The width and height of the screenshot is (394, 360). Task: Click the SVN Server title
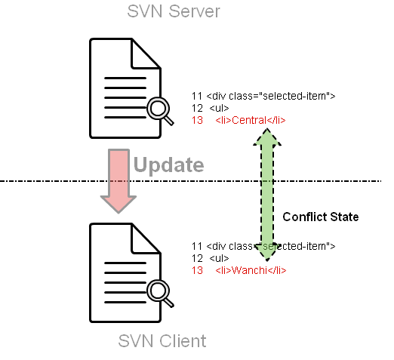[x=174, y=11]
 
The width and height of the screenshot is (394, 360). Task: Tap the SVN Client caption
[x=162, y=341]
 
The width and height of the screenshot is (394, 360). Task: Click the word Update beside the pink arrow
[x=169, y=165]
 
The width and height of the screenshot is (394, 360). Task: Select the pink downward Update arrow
[x=119, y=181]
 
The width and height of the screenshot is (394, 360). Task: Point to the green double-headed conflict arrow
[x=267, y=195]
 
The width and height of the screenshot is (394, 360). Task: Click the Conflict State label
[x=321, y=217]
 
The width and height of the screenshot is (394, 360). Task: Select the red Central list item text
[x=251, y=120]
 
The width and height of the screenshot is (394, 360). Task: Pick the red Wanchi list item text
[x=251, y=270]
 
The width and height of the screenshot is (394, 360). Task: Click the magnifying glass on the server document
[x=160, y=111]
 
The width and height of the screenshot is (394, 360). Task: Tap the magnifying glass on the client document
[x=160, y=293]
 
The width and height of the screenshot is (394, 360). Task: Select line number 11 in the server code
[x=197, y=96]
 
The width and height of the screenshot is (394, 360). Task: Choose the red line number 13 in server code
[x=197, y=120]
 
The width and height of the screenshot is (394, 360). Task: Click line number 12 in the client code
[x=197, y=258]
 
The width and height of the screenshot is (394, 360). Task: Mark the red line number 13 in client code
[x=197, y=270]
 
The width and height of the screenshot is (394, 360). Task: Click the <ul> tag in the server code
[x=219, y=108]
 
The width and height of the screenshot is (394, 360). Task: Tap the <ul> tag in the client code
[x=219, y=258]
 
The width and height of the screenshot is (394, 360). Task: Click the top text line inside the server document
[x=125, y=78]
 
